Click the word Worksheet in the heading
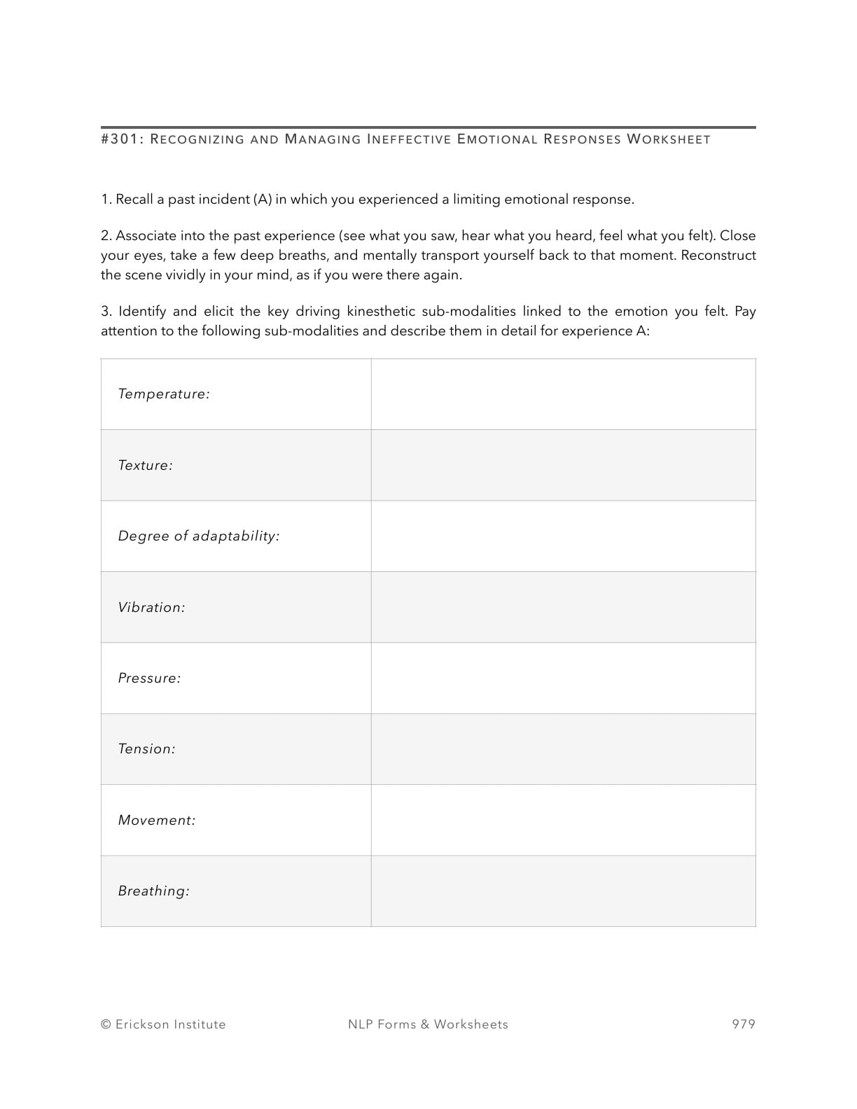668,139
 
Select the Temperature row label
164,394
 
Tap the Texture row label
145,466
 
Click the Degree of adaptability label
199,536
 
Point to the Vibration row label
151,608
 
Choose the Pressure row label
149,678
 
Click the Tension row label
146,749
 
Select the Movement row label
157,821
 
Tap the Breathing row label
153,891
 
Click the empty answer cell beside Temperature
563,394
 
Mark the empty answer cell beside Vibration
563,608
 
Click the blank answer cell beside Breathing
563,891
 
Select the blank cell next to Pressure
563,678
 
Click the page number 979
744,1024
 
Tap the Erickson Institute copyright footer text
163,1024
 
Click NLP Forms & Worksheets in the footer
428,1024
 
